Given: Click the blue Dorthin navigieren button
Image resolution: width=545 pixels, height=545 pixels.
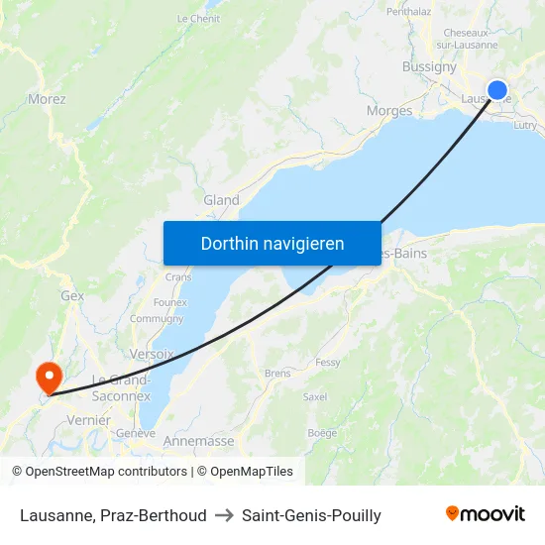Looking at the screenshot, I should (272, 243).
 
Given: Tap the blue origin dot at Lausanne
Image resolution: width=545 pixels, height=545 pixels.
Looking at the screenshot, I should (498, 91).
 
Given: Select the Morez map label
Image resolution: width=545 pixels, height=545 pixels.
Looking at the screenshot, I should (47, 99).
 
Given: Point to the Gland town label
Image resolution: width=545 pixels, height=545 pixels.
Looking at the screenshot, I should (221, 200).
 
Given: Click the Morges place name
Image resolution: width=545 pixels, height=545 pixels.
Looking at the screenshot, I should (389, 111).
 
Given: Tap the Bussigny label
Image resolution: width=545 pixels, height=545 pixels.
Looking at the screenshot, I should (429, 67).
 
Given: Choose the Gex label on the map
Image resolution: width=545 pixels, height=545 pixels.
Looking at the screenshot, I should (72, 295).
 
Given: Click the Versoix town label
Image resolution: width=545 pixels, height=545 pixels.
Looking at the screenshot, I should (152, 354).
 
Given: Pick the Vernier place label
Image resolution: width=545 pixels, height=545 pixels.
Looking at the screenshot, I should (88, 420).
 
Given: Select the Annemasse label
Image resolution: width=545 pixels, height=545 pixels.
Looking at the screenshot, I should (198, 441).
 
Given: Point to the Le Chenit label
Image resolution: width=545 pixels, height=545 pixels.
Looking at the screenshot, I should (198, 19).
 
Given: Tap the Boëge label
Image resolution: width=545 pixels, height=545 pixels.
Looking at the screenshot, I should (322, 433).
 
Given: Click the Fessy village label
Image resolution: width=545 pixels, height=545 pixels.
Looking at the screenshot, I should (328, 363).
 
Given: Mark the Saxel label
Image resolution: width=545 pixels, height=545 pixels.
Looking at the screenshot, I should (315, 396).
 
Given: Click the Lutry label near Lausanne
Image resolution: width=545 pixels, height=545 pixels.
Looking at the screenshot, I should (525, 125).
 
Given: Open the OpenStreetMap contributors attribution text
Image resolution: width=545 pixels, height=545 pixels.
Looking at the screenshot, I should (102, 472).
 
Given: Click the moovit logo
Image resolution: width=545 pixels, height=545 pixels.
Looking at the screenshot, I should (486, 514).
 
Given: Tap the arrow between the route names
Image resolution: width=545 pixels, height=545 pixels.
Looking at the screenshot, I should (224, 515).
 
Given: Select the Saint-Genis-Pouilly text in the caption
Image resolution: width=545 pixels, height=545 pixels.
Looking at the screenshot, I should (311, 515).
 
